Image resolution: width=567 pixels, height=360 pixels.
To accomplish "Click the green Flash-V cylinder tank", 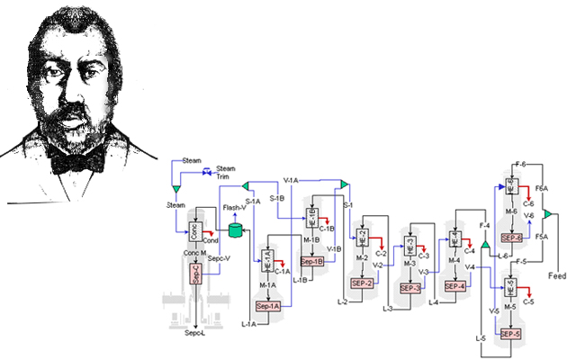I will [x=236, y=229].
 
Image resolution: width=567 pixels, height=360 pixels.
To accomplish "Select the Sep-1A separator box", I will [x=269, y=307].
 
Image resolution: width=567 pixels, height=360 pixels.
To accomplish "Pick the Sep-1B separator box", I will [x=311, y=261].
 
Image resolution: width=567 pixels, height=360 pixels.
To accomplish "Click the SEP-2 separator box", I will [x=363, y=283].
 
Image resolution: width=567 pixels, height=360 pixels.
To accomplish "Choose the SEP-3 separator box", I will [x=410, y=288].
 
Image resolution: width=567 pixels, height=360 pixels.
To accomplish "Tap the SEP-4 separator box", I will [x=454, y=286].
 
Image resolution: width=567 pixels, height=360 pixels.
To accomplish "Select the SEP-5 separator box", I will [x=510, y=334].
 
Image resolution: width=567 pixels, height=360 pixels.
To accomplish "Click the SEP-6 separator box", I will [x=511, y=238].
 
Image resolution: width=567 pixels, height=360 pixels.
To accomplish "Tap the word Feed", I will [x=558, y=276].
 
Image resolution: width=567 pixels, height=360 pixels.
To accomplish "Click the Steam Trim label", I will [x=226, y=172].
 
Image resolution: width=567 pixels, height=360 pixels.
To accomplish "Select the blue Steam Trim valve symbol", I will [x=207, y=171].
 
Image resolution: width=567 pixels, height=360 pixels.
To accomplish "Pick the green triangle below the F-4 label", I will [x=484, y=244].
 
